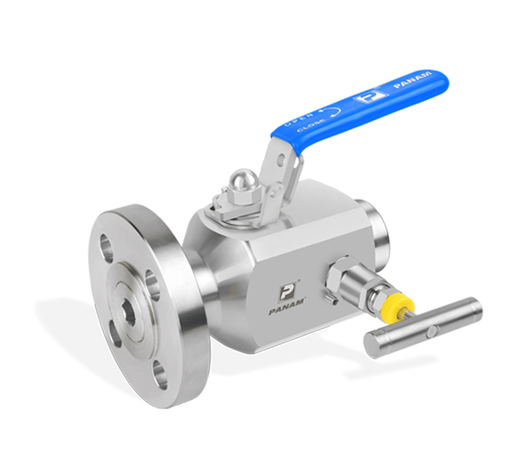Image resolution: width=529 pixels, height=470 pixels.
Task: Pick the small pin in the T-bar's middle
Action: [x=432, y=331]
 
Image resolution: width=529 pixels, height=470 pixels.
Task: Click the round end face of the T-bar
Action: [x=373, y=345]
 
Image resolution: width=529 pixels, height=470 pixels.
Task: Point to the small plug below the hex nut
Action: [x=332, y=301]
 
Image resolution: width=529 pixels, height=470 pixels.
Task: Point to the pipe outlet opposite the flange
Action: [x=372, y=222]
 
